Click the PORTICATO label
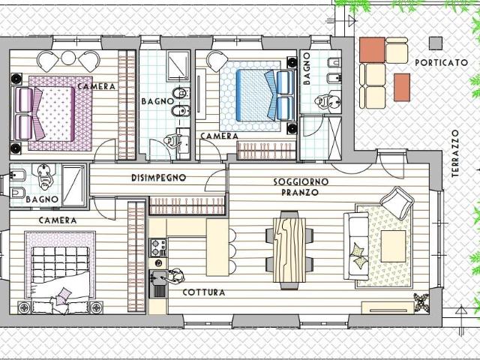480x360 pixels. [442, 63]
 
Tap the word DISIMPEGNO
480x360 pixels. [158, 178]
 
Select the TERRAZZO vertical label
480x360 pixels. [455, 153]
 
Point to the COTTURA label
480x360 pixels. [204, 292]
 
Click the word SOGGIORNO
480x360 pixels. [301, 181]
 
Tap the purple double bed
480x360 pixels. [51, 113]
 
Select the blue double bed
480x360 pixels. [258, 95]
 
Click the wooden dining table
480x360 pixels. [289, 250]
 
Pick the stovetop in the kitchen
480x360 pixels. [158, 247]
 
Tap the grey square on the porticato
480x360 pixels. [435, 43]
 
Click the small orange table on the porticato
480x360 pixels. [402, 87]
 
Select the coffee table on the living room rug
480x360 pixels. [393, 246]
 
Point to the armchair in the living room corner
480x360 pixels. [397, 202]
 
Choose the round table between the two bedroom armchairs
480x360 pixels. [68, 58]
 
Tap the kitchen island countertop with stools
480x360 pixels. [217, 247]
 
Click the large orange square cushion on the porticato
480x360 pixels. [372, 50]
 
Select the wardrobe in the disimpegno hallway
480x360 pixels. [187, 205]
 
